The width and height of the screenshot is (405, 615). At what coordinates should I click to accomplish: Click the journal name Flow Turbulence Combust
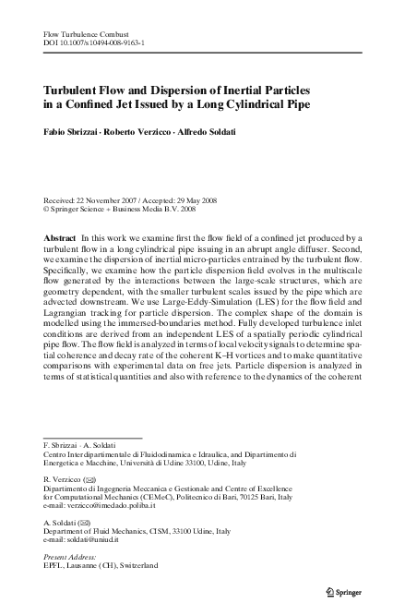(x=77, y=33)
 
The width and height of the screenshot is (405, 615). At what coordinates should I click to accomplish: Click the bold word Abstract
(x=60, y=238)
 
